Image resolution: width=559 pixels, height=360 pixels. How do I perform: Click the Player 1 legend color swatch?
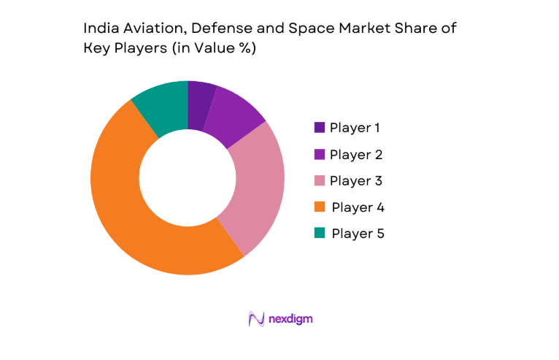point(320,128)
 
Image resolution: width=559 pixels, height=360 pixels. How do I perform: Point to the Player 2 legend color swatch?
point(320,154)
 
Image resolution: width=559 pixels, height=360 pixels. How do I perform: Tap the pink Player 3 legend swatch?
point(320,180)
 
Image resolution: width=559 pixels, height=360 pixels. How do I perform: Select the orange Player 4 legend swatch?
point(320,207)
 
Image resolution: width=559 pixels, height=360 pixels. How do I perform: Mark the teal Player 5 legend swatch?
point(320,234)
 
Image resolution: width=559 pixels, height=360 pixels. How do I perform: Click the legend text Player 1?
point(355,128)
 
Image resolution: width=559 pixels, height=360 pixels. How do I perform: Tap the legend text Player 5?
point(358,234)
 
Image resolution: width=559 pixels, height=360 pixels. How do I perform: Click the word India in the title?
point(99,29)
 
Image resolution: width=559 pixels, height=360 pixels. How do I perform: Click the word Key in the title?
point(97,49)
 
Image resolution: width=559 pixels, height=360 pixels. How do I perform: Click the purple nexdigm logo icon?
point(255,319)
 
